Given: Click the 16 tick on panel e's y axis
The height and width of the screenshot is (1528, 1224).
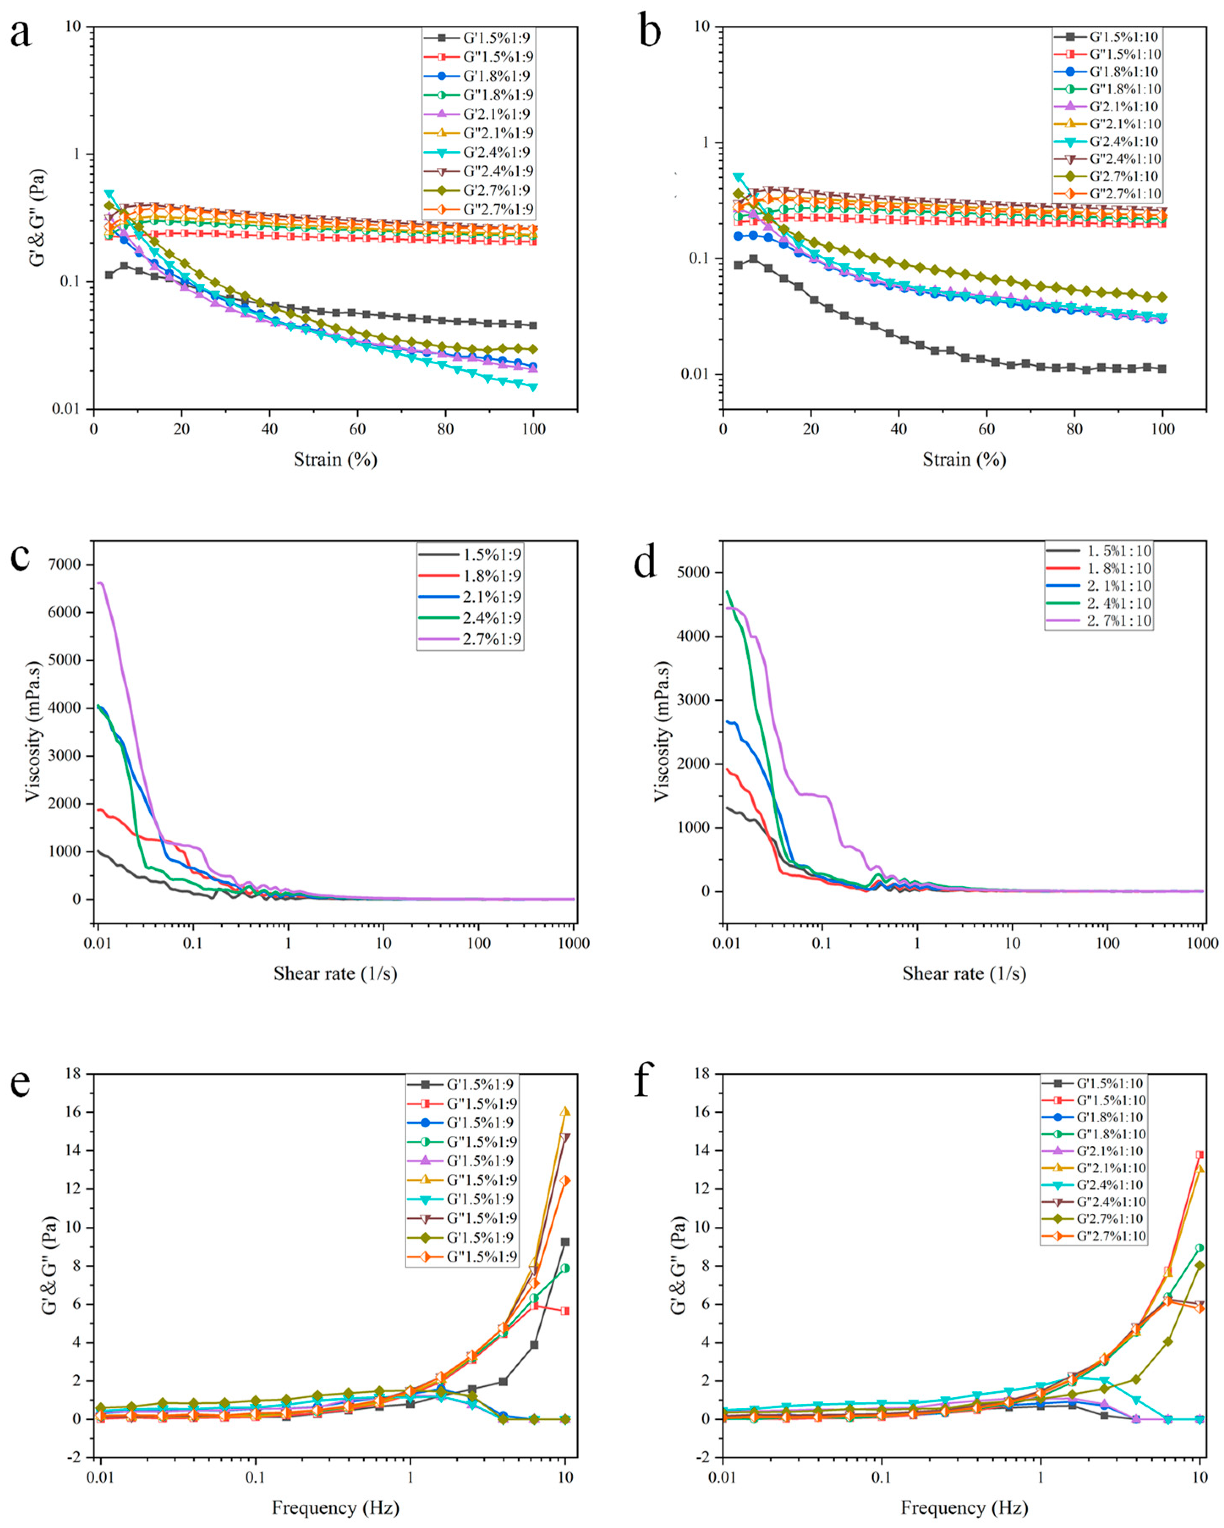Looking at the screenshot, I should coord(72,1112).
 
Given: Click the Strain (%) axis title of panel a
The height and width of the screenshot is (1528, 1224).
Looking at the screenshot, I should coord(335,459).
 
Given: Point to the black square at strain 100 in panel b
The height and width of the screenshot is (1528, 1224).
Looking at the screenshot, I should coord(1162,368).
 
